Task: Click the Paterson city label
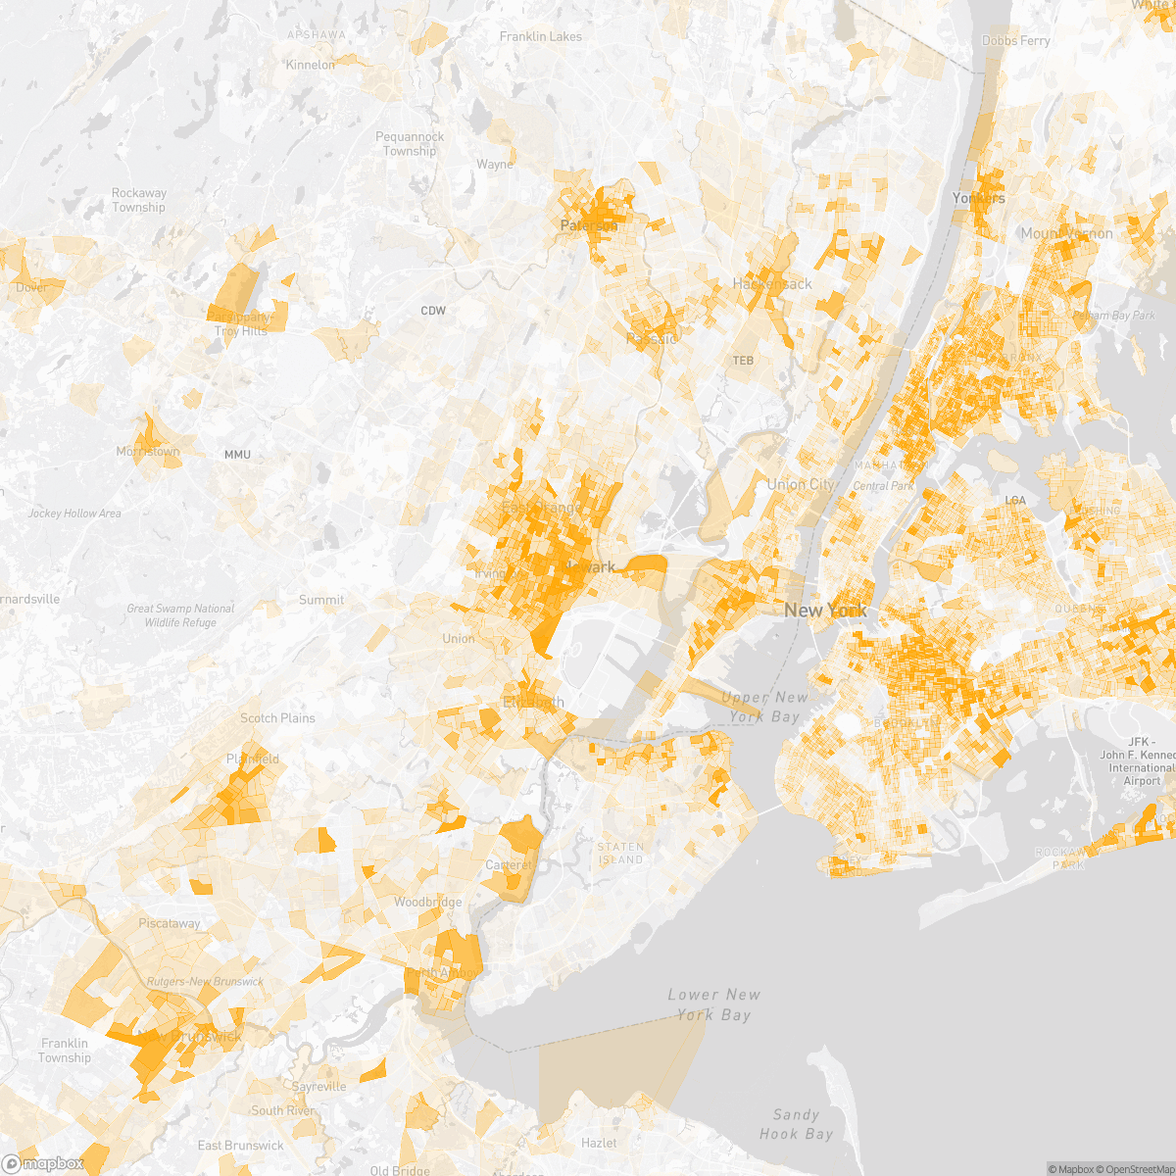(x=589, y=225)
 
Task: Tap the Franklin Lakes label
(x=540, y=36)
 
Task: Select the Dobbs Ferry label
(x=1015, y=40)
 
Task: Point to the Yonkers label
(x=978, y=198)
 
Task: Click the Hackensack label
(x=772, y=283)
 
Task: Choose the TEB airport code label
(x=743, y=361)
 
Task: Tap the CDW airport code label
(x=433, y=311)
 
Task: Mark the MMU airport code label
(x=237, y=455)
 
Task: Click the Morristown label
(x=148, y=452)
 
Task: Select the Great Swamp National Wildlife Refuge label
(x=180, y=615)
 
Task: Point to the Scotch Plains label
(x=277, y=718)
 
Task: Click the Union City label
(x=801, y=484)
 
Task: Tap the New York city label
(x=825, y=611)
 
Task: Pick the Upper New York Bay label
(x=764, y=707)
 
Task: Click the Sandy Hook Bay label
(x=796, y=1124)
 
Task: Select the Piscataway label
(x=169, y=923)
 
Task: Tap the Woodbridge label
(x=427, y=902)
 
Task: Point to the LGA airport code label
(x=1015, y=501)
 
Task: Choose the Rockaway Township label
(x=138, y=200)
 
